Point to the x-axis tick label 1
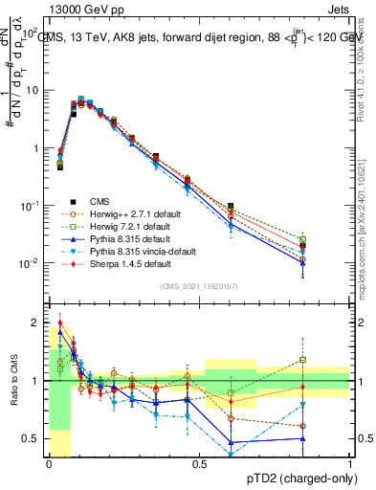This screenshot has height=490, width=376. tap(350, 462)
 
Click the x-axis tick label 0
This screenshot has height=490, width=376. tap(48, 462)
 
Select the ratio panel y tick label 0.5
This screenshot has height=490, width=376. tap(31, 438)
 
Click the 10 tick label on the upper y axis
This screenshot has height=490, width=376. tap(31, 90)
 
